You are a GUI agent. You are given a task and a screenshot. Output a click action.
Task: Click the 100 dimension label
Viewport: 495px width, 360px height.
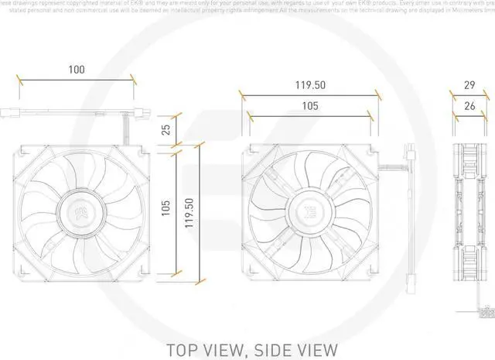[76, 70]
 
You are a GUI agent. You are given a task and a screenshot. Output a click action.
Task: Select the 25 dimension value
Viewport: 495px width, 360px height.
[164, 129]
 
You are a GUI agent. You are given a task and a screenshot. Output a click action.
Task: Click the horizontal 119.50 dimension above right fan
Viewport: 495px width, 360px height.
[310, 84]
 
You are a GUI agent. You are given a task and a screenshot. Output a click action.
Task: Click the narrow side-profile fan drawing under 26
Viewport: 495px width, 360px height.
[470, 211]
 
